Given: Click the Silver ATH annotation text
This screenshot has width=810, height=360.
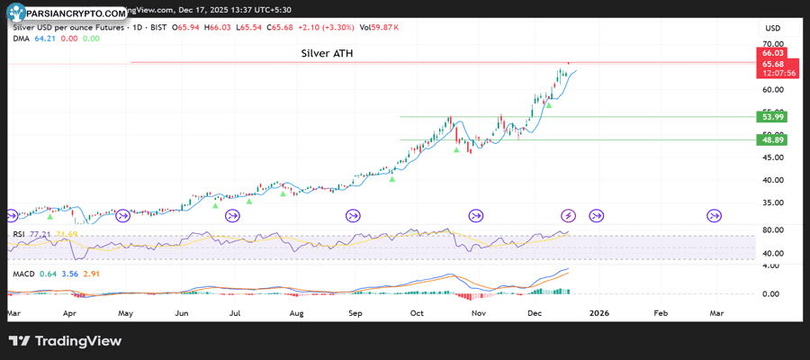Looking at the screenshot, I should [327, 54].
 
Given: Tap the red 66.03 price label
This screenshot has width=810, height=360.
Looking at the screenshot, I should [772, 55].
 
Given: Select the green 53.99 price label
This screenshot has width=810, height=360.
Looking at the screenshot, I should [772, 117].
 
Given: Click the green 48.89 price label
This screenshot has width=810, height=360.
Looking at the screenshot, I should [772, 140].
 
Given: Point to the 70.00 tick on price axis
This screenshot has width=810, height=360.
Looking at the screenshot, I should [772, 43].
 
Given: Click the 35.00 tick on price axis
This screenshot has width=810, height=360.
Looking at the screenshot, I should [772, 203].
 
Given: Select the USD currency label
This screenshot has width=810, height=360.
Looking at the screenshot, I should [772, 28].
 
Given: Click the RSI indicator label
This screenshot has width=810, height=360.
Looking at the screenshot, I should [18, 234].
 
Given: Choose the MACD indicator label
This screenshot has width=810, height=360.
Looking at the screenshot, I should [22, 273].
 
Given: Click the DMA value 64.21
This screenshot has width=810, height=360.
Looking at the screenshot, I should [45, 38].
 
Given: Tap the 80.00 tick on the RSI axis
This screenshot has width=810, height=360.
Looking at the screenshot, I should [772, 230].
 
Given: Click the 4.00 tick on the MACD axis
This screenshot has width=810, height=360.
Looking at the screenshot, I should [772, 266].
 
